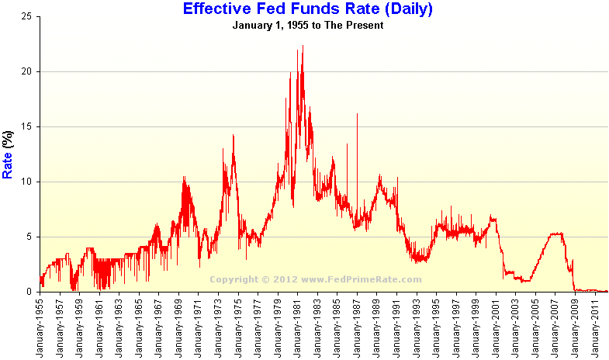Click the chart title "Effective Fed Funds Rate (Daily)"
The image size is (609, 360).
pyautogui.click(x=307, y=9)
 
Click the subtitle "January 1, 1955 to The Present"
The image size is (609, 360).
pyautogui.click(x=308, y=25)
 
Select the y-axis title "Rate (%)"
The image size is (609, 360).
pyautogui.click(x=9, y=154)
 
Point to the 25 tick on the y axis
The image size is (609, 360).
pyautogui.click(x=26, y=16)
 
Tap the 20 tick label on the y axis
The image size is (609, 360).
pyautogui.click(x=26, y=71)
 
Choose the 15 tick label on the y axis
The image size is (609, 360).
pyautogui.click(x=26, y=126)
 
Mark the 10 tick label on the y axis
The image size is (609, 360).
pyautogui.click(x=26, y=182)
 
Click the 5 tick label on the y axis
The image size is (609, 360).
pyautogui.click(x=29, y=237)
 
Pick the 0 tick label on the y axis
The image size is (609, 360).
pyautogui.click(x=29, y=292)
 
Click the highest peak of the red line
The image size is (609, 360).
pyautogui.click(x=303, y=46)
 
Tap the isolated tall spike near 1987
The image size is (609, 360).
pyautogui.click(x=357, y=114)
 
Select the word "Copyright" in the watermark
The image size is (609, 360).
pyautogui.click(x=233, y=279)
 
